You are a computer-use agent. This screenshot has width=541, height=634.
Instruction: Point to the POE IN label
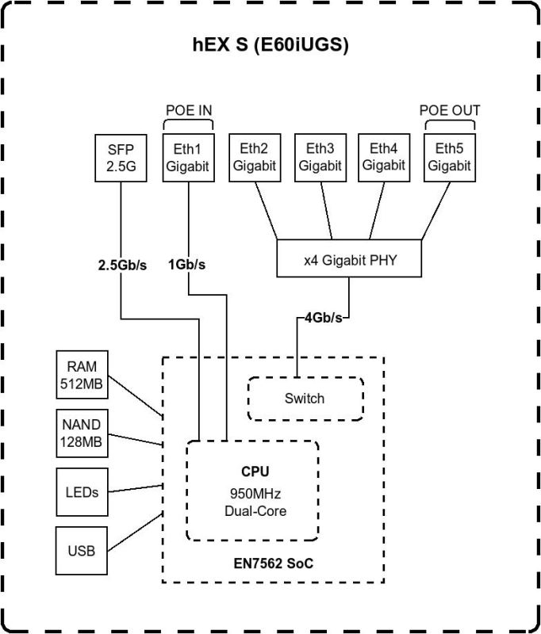tap(188, 111)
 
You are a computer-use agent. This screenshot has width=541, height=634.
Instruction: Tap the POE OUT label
tap(449, 111)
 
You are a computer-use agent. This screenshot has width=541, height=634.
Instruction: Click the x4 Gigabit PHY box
tap(347, 260)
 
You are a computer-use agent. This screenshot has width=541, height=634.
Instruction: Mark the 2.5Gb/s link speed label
tap(121, 265)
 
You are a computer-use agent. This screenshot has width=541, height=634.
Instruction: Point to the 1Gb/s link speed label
tap(187, 265)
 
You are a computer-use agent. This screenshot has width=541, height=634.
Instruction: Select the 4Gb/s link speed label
tap(324, 318)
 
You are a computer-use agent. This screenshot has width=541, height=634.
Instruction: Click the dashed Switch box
tap(305, 399)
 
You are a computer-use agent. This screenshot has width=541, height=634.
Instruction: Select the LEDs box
tap(82, 492)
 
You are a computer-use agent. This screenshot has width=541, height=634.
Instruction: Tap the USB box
tap(82, 549)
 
